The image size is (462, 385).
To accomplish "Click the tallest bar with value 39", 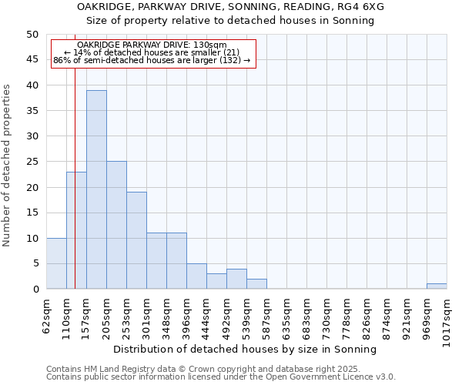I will pyautogui.click(x=96, y=189).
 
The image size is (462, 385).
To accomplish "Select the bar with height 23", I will pyautogui.click(x=76, y=230).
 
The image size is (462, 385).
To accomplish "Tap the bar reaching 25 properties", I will pyautogui.click(x=116, y=225).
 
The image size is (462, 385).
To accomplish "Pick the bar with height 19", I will pyautogui.click(x=136, y=240).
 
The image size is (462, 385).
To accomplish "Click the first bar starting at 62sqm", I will pyautogui.click(x=56, y=263).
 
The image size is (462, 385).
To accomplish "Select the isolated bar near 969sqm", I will pyautogui.click(x=437, y=286).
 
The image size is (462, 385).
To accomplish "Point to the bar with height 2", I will pyautogui.click(x=256, y=283).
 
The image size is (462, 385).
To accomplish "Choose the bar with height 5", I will pyautogui.click(x=196, y=276).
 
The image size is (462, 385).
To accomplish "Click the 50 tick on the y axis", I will pyautogui.click(x=32, y=35).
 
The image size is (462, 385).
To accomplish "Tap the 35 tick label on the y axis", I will pyautogui.click(x=32, y=111).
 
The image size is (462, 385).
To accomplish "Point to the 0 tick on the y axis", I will pyautogui.click(x=35, y=289).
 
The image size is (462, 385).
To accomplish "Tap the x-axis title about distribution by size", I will pyautogui.click(x=246, y=349).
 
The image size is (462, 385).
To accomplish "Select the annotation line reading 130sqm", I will pyautogui.click(x=152, y=45).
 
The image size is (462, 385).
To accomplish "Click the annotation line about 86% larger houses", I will pyautogui.click(x=152, y=60).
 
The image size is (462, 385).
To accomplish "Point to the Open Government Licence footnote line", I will pyautogui.click(x=221, y=377).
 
